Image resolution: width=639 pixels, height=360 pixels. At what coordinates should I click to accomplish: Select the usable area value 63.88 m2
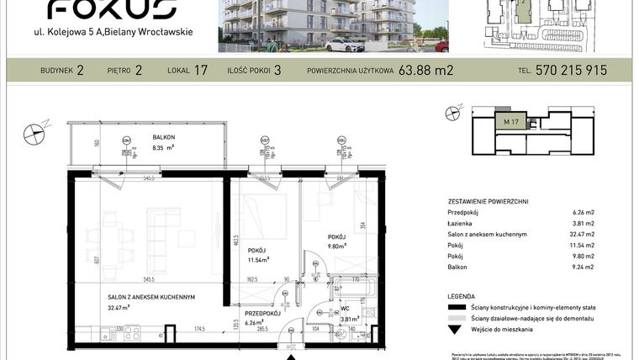pos(426,71)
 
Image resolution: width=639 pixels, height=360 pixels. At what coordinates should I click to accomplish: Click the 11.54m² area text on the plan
pos(257,260)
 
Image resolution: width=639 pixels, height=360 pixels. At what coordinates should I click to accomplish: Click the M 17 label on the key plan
pos(510,124)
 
